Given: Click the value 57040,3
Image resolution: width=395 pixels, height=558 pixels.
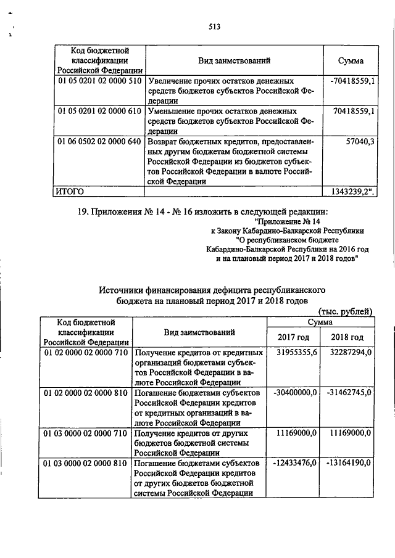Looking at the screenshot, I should click(361, 141).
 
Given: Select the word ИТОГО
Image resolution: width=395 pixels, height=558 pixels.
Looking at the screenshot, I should click(69, 191).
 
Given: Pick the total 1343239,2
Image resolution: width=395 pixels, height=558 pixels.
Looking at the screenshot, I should click(353, 191).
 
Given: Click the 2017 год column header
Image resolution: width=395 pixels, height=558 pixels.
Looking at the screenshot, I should click(293, 337).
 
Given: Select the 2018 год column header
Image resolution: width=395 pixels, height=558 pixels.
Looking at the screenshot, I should click(347, 337).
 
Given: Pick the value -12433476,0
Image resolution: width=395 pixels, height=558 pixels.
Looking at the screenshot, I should click(294, 463).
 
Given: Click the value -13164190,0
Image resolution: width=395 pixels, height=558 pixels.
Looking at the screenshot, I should click(347, 463).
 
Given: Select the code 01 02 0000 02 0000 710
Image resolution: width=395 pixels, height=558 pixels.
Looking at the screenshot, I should click(86, 353).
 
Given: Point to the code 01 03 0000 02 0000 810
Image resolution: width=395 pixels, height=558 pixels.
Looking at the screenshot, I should click(86, 463).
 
